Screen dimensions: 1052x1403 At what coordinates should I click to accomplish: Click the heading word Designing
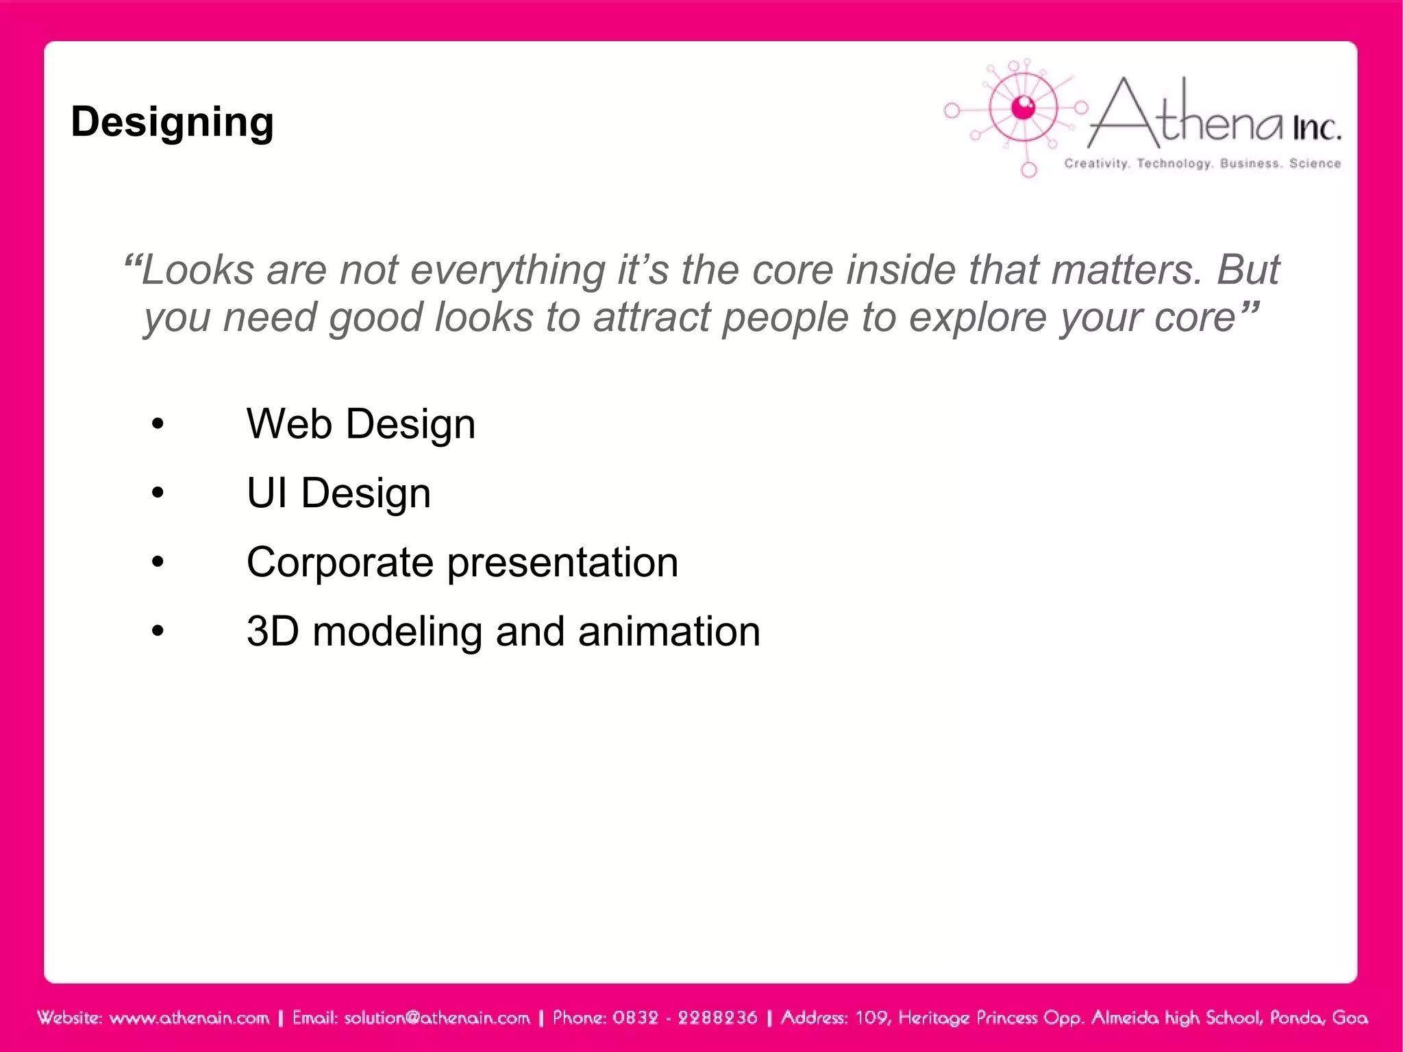click(172, 123)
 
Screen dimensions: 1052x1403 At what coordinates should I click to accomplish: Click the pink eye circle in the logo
click(1023, 108)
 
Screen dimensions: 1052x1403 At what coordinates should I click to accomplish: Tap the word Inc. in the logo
click(1316, 128)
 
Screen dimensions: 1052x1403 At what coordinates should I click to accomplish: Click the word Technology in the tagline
click(1174, 163)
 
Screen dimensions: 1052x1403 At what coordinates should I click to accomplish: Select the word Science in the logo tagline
click(1315, 163)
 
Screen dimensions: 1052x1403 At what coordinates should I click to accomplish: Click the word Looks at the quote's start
click(197, 269)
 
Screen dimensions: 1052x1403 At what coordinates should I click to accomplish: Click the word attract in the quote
click(652, 317)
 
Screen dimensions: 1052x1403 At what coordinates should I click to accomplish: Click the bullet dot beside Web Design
click(158, 424)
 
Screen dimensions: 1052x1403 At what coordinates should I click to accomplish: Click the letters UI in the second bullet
click(267, 493)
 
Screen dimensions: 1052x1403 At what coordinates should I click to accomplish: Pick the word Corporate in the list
click(340, 563)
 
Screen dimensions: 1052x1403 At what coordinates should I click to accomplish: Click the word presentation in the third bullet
click(562, 563)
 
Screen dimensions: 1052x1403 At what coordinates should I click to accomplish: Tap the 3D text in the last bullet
click(273, 631)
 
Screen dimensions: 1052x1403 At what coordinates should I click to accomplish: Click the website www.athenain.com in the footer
click(189, 1018)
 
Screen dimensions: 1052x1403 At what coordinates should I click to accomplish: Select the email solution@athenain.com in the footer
click(437, 1018)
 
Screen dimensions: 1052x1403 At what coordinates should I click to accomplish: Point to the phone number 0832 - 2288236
click(684, 1018)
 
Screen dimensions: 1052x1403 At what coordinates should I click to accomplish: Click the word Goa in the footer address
click(1350, 1018)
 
